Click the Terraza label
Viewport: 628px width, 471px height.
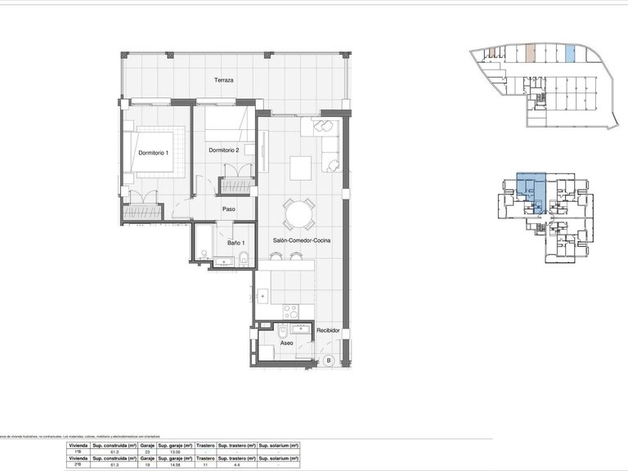coord(224,80)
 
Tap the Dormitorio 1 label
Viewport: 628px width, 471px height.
coord(153,153)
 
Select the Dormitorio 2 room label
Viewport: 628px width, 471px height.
coord(223,150)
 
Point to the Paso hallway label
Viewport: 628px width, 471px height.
coord(229,209)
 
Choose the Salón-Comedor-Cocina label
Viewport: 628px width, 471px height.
coord(301,240)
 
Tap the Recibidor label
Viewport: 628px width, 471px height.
coord(328,330)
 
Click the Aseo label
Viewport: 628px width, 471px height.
coord(286,343)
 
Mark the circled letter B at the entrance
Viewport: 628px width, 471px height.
coord(329,360)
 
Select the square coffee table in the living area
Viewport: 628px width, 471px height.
coord(300,167)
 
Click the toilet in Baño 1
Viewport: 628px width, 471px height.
coord(244,260)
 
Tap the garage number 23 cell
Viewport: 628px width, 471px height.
coord(146,452)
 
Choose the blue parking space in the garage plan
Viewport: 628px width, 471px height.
coord(570,55)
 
